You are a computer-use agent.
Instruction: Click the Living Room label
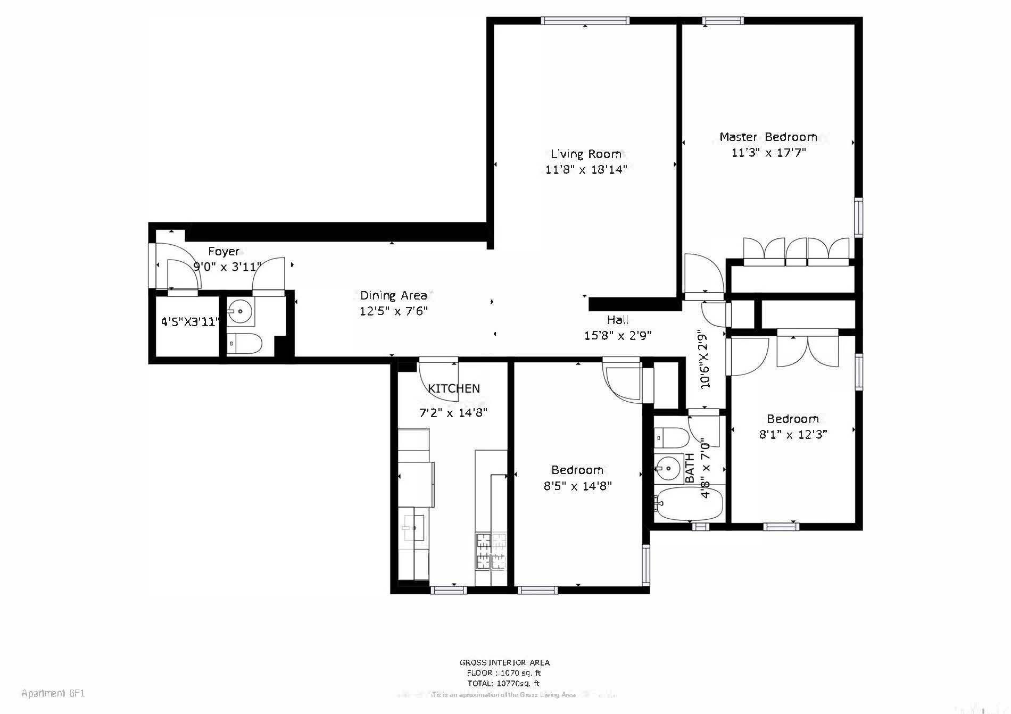586,154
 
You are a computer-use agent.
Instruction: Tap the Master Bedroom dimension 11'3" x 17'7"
768,153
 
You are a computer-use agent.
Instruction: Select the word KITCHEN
454,389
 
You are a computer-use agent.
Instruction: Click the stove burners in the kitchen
491,551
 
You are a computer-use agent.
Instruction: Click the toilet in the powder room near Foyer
244,344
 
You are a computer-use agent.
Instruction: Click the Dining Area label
393,296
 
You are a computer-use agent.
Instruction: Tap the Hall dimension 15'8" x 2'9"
617,336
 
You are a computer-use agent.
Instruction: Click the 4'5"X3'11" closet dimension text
190,322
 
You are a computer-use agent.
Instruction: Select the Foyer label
223,252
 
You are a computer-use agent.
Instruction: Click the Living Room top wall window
585,21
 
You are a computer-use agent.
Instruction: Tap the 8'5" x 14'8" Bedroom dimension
577,486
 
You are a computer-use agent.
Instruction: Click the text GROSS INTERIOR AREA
504,663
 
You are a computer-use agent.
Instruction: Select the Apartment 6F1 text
53,694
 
